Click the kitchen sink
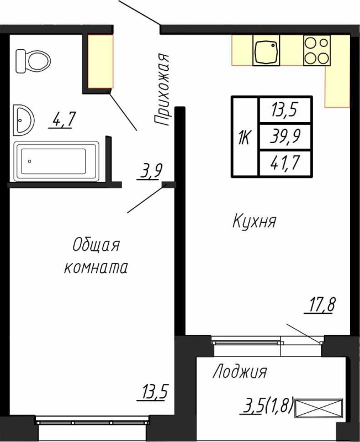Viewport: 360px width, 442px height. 267,51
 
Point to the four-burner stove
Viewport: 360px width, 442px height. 316,50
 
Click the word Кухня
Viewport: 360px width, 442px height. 254,222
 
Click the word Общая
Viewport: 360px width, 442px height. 96,245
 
